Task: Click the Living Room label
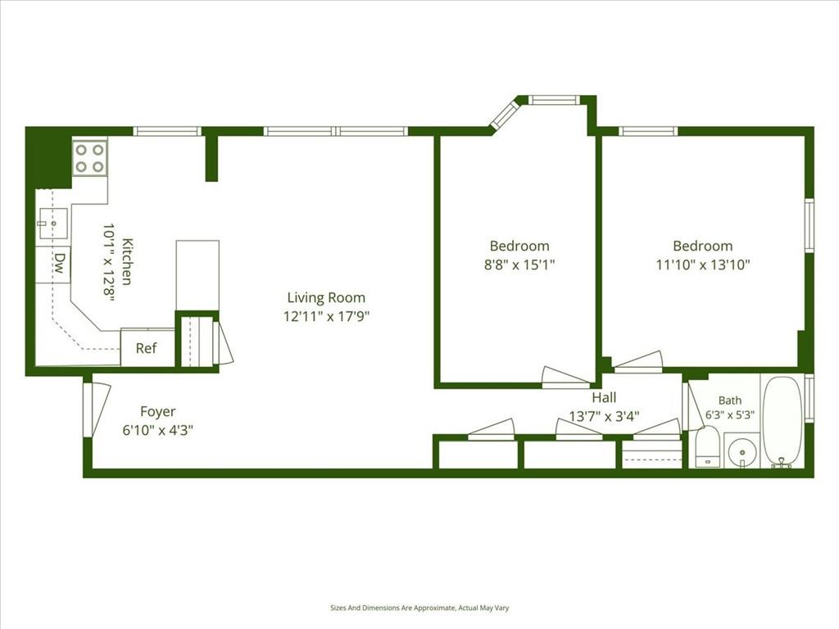pos(326,298)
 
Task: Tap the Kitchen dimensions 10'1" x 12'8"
pos(109,263)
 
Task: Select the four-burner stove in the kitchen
pos(89,158)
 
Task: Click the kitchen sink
pos(53,223)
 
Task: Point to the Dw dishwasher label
pos(60,263)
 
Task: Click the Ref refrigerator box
pos(147,348)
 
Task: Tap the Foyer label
pos(158,411)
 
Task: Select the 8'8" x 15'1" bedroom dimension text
pos(519,265)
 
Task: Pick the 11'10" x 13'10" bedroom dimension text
pos(703,265)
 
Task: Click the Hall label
pos(604,397)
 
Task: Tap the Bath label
pos(730,400)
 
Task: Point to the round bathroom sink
pos(742,451)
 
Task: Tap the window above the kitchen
pos(167,131)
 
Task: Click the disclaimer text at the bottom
pos(419,609)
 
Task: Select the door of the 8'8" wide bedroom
pos(567,378)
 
